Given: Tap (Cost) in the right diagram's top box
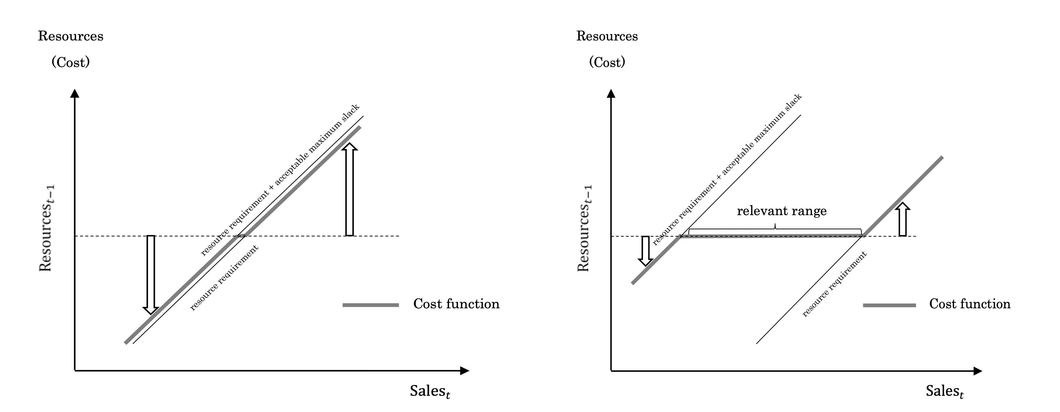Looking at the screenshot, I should pos(607,62).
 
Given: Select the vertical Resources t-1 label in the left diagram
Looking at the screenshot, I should pos(46,228).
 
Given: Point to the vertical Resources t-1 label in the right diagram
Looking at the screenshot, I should pos(584,228).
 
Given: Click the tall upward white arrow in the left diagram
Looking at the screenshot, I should pos(349,189).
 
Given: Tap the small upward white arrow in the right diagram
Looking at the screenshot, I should pos(903,219).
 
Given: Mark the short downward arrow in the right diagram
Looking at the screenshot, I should pos(645,250).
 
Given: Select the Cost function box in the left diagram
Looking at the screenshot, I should pos(459,304).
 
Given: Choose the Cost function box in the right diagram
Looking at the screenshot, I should pos(973,304).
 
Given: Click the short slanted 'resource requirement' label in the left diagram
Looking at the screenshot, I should pos(224,278).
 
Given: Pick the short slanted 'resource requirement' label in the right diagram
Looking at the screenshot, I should pos(834,284).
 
